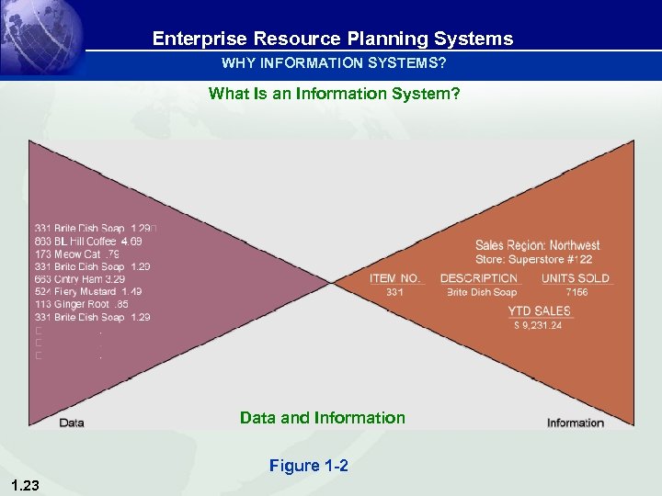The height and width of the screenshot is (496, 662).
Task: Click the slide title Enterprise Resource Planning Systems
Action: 332,39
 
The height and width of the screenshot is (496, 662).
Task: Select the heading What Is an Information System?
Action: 334,93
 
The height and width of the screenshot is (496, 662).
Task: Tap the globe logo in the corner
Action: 41,37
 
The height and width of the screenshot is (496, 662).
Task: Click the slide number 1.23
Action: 25,484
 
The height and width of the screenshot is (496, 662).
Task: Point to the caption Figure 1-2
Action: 308,466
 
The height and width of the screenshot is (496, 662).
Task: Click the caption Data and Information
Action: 322,418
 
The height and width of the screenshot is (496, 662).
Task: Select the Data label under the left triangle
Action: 72,423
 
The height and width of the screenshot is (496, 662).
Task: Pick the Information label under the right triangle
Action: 575,423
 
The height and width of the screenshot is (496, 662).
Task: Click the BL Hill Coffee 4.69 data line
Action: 88,241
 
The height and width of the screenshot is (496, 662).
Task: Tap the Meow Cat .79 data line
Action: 77,254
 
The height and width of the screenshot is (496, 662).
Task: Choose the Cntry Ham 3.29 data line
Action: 80,278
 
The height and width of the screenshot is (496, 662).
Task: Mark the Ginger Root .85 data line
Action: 82,304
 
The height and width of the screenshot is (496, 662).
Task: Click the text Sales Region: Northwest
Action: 537,245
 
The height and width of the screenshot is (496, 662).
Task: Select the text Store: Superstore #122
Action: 533,259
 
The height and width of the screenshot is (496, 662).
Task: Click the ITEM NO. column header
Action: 394,278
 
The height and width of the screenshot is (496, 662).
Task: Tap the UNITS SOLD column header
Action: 575,278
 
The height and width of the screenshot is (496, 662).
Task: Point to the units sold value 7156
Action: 576,292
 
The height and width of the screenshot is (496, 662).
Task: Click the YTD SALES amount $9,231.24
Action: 537,325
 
